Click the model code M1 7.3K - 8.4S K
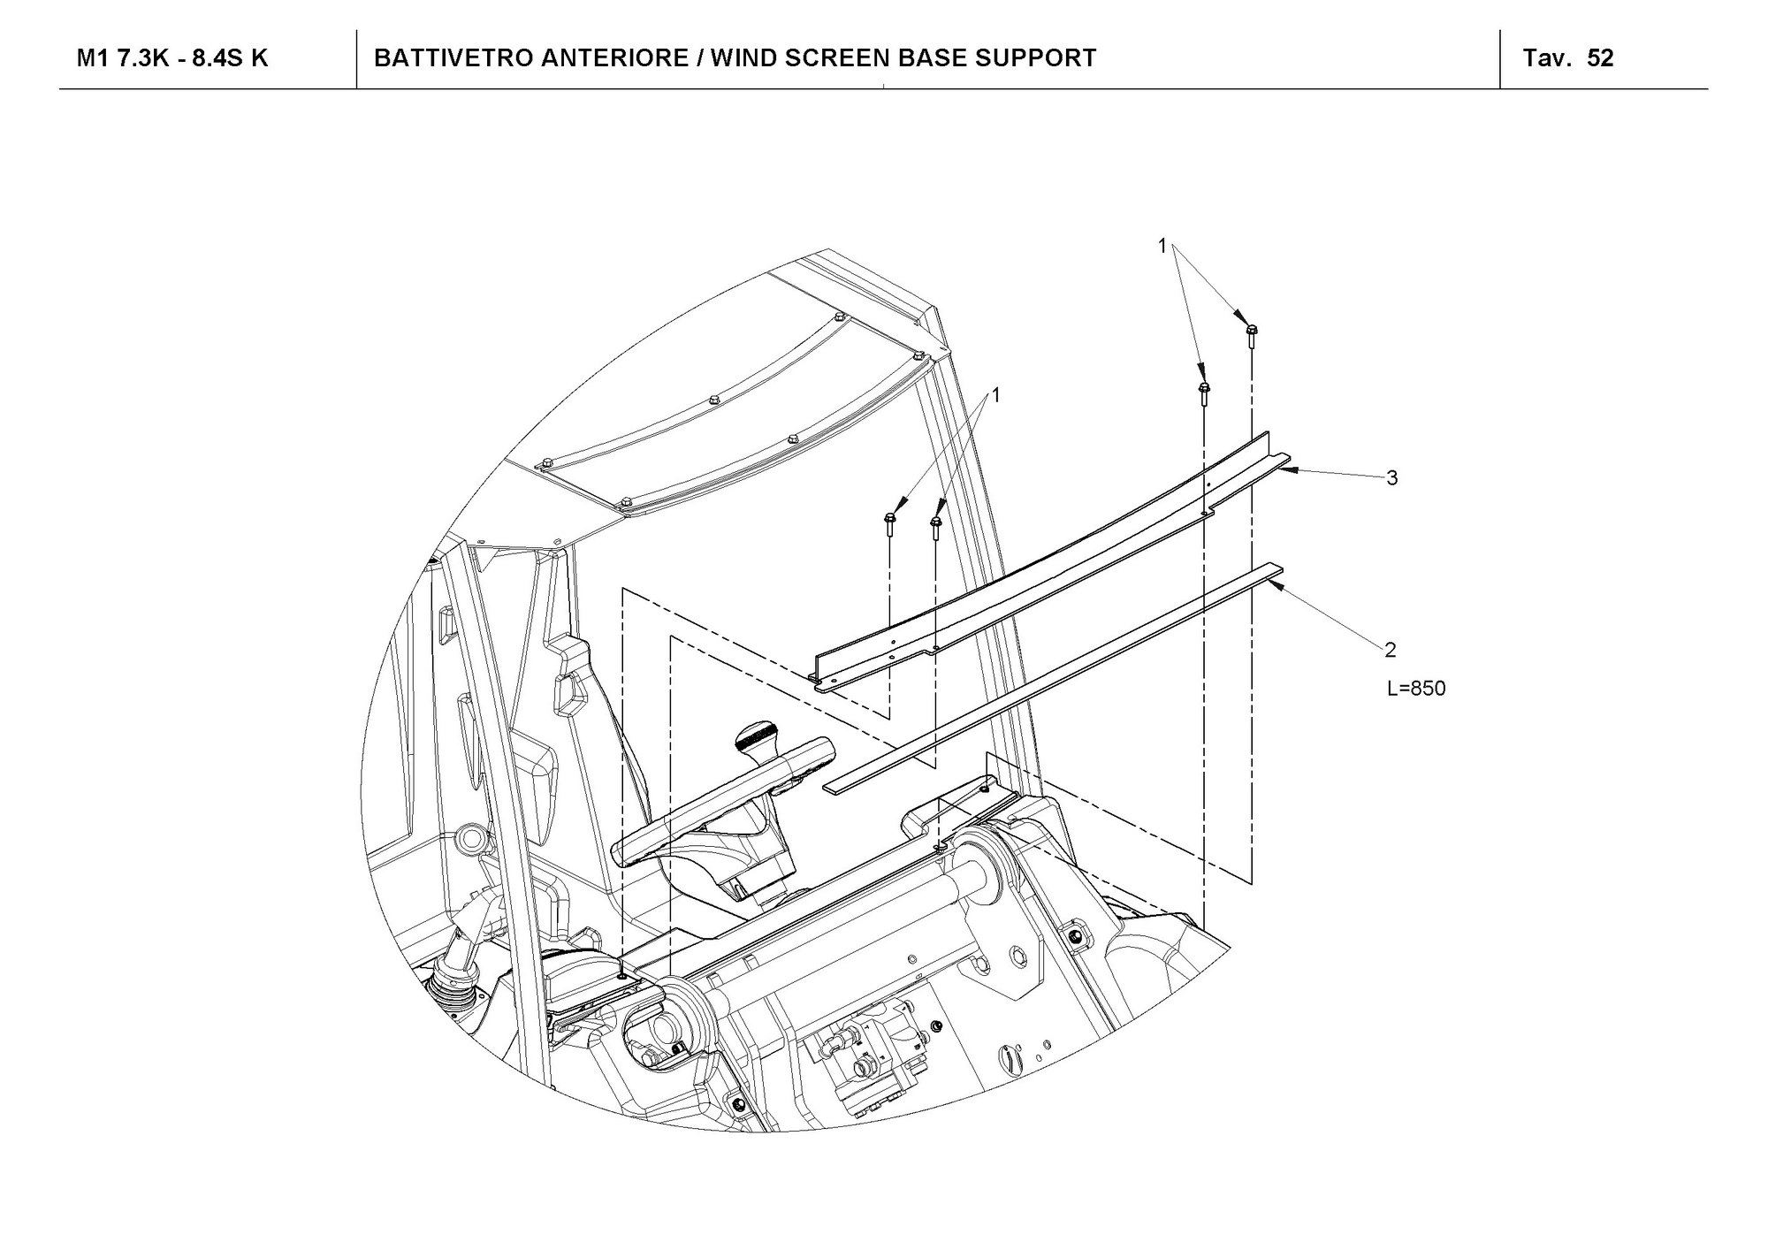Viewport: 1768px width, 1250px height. click(172, 58)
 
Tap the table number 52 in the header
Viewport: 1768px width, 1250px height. click(1601, 58)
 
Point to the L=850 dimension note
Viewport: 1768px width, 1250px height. click(1416, 689)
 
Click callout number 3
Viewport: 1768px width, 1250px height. click(1392, 478)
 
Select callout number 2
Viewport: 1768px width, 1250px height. click(1391, 650)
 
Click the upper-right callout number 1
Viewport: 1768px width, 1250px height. click(1163, 247)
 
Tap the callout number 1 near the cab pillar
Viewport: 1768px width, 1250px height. click(996, 395)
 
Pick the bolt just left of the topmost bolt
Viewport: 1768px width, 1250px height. click(1203, 393)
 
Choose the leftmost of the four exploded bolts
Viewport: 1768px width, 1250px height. click(889, 523)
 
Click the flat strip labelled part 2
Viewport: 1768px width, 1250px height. click(1052, 676)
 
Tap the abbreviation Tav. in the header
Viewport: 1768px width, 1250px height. click(1548, 58)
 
